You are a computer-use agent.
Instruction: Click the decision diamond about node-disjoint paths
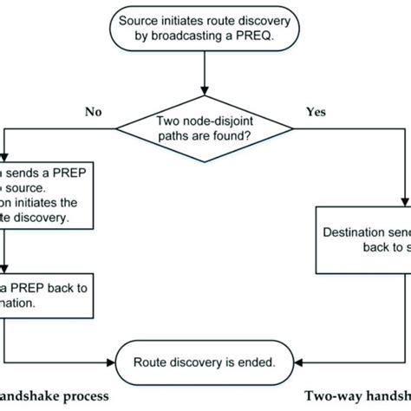click(205, 133)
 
